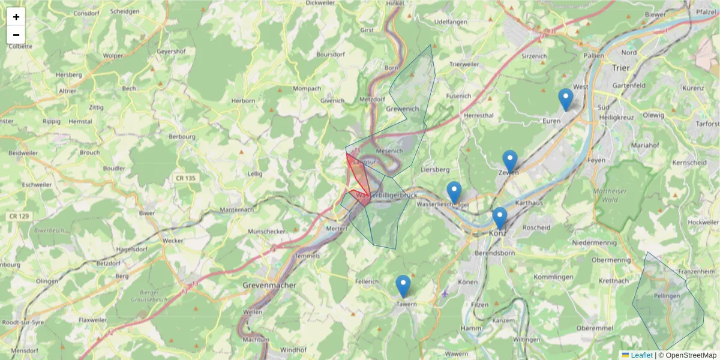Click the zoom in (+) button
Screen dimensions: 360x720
pos(16,17)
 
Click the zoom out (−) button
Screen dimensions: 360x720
pos(16,35)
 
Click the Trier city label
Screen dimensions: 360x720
pos(620,68)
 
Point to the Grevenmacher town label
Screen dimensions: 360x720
pos(269,286)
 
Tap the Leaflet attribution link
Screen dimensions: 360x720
pos(641,355)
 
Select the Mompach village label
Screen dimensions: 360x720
pos(307,89)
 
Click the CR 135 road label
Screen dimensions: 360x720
pos(186,178)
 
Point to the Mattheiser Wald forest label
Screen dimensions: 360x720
pos(617,196)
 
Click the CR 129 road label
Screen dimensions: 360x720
pos(20,216)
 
